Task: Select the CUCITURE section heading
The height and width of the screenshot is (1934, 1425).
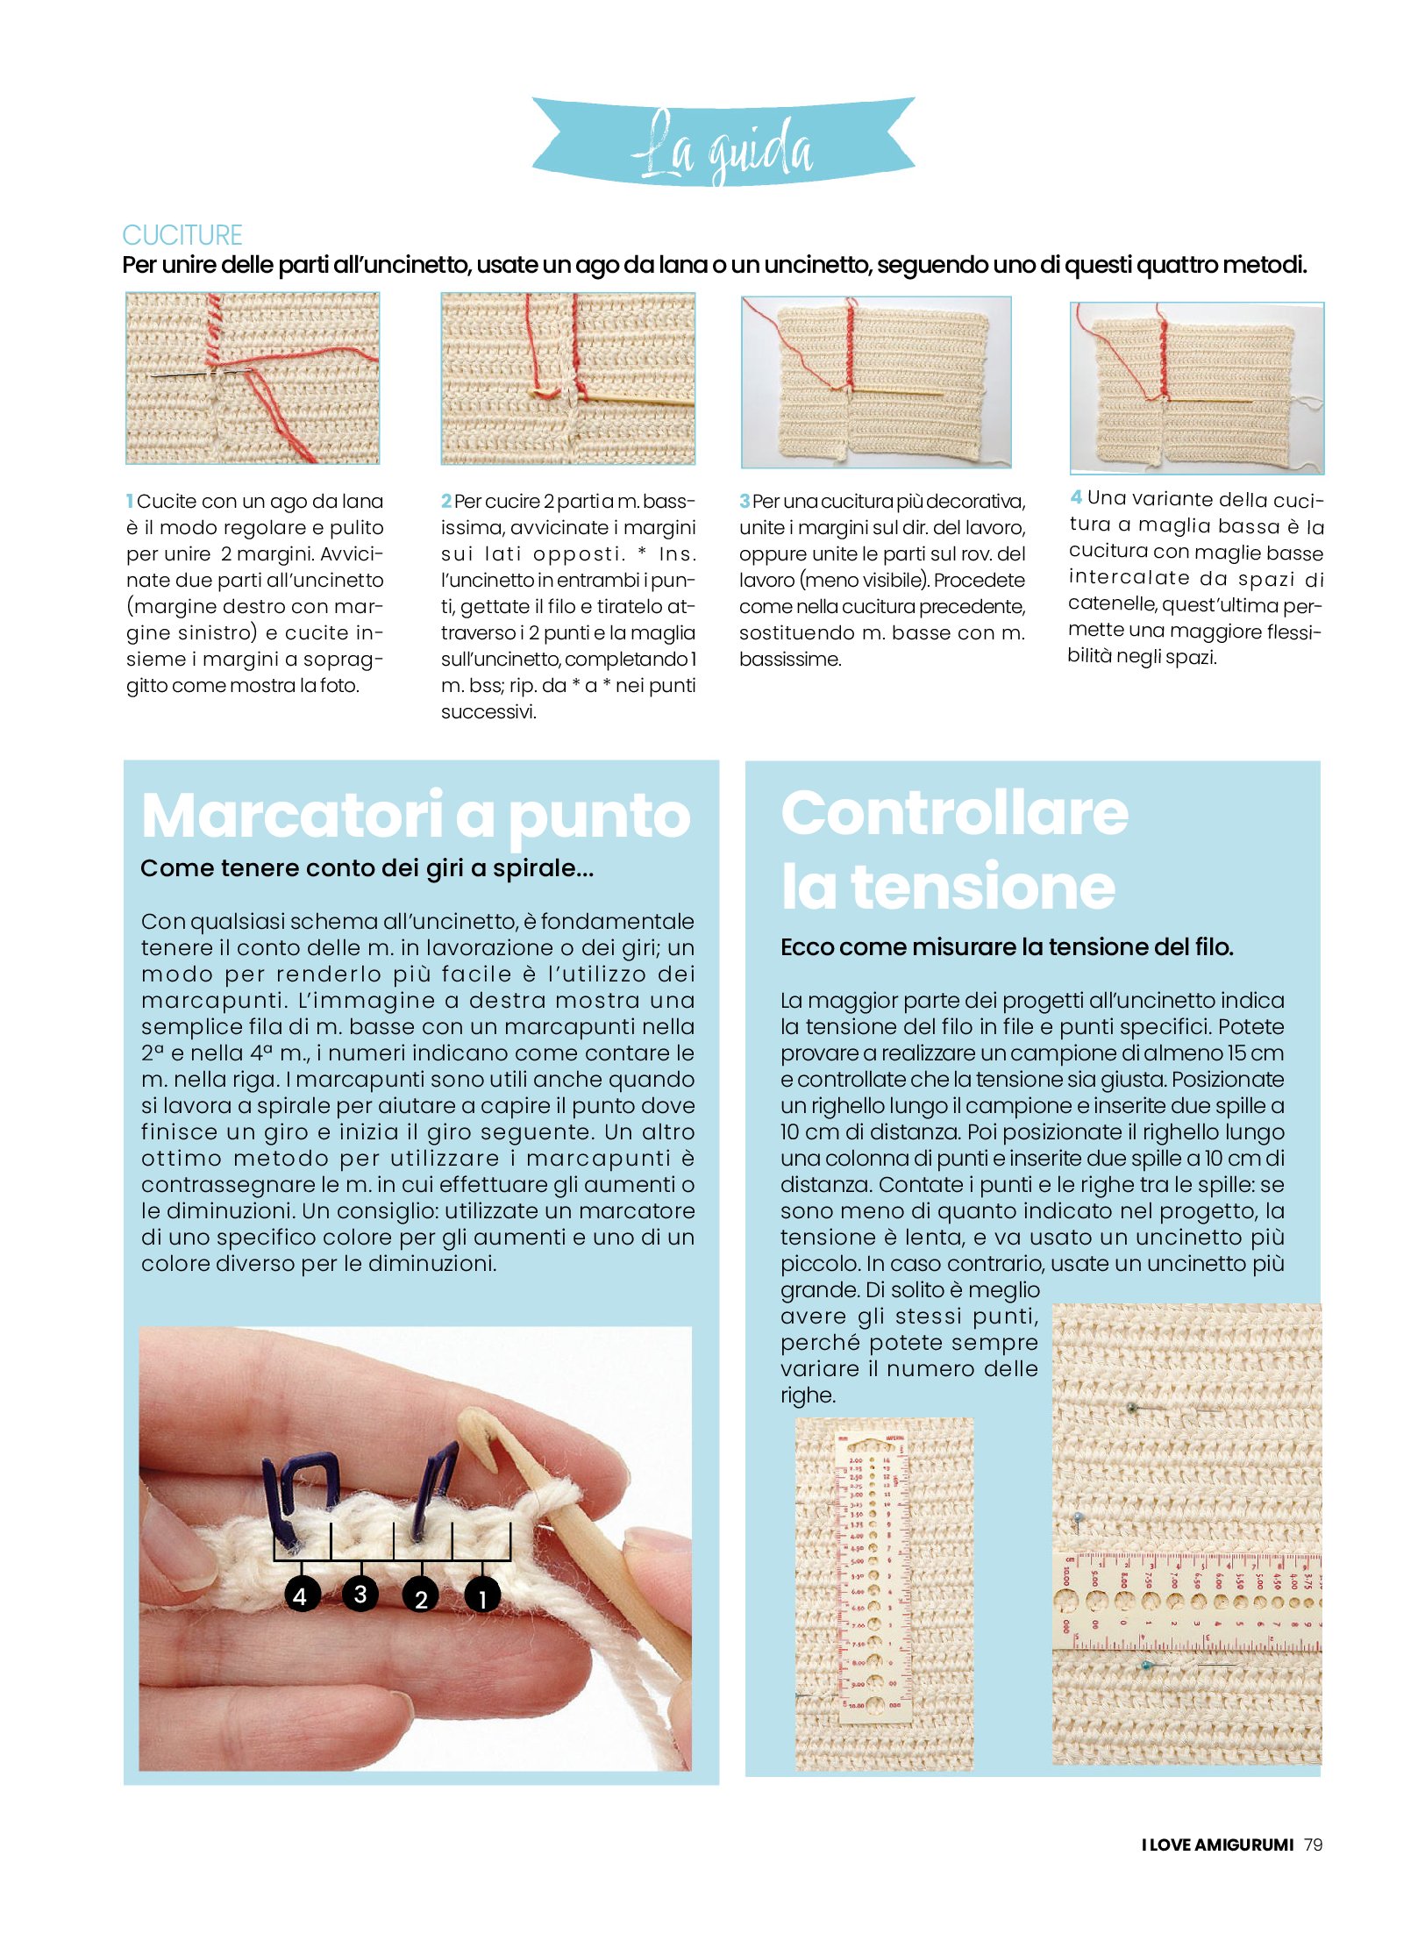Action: coord(182,235)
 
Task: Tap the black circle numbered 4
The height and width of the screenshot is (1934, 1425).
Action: coord(300,1595)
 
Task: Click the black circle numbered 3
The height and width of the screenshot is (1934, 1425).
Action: coord(360,1593)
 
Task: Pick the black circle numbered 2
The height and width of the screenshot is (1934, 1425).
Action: coord(421,1598)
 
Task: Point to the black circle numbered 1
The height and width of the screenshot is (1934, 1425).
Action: coord(481,1598)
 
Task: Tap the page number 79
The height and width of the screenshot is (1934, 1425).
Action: coord(1313,1844)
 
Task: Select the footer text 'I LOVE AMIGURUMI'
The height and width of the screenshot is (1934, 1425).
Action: coord(1217,1845)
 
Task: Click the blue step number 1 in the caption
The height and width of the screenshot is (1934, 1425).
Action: coord(130,502)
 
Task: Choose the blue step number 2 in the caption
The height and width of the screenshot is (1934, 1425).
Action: coord(446,502)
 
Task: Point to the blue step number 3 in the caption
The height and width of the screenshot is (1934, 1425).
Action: coord(745,502)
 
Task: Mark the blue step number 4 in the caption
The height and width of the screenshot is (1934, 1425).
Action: coord(1076,498)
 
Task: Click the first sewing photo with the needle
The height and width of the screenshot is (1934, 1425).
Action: coord(253,378)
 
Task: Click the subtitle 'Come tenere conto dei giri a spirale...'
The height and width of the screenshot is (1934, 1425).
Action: coord(367,868)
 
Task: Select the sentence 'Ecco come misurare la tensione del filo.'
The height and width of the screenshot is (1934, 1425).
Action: coord(1007,947)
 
